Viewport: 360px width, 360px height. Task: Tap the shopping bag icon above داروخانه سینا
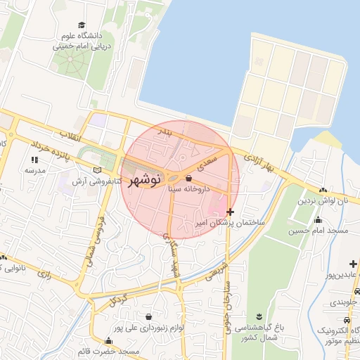[x=189, y=179]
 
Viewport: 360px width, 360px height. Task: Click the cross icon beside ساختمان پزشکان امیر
[x=231, y=212]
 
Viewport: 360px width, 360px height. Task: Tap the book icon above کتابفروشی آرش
[x=97, y=170]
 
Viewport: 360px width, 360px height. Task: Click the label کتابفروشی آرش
[x=91, y=181]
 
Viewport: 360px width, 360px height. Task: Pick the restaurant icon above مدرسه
[x=34, y=160]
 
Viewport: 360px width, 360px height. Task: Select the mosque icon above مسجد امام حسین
[x=318, y=220]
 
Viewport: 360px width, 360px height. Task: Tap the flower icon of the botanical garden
[x=260, y=314]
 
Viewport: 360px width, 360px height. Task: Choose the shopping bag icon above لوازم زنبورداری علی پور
[x=147, y=317]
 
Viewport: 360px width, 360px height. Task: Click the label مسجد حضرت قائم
[x=109, y=350]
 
